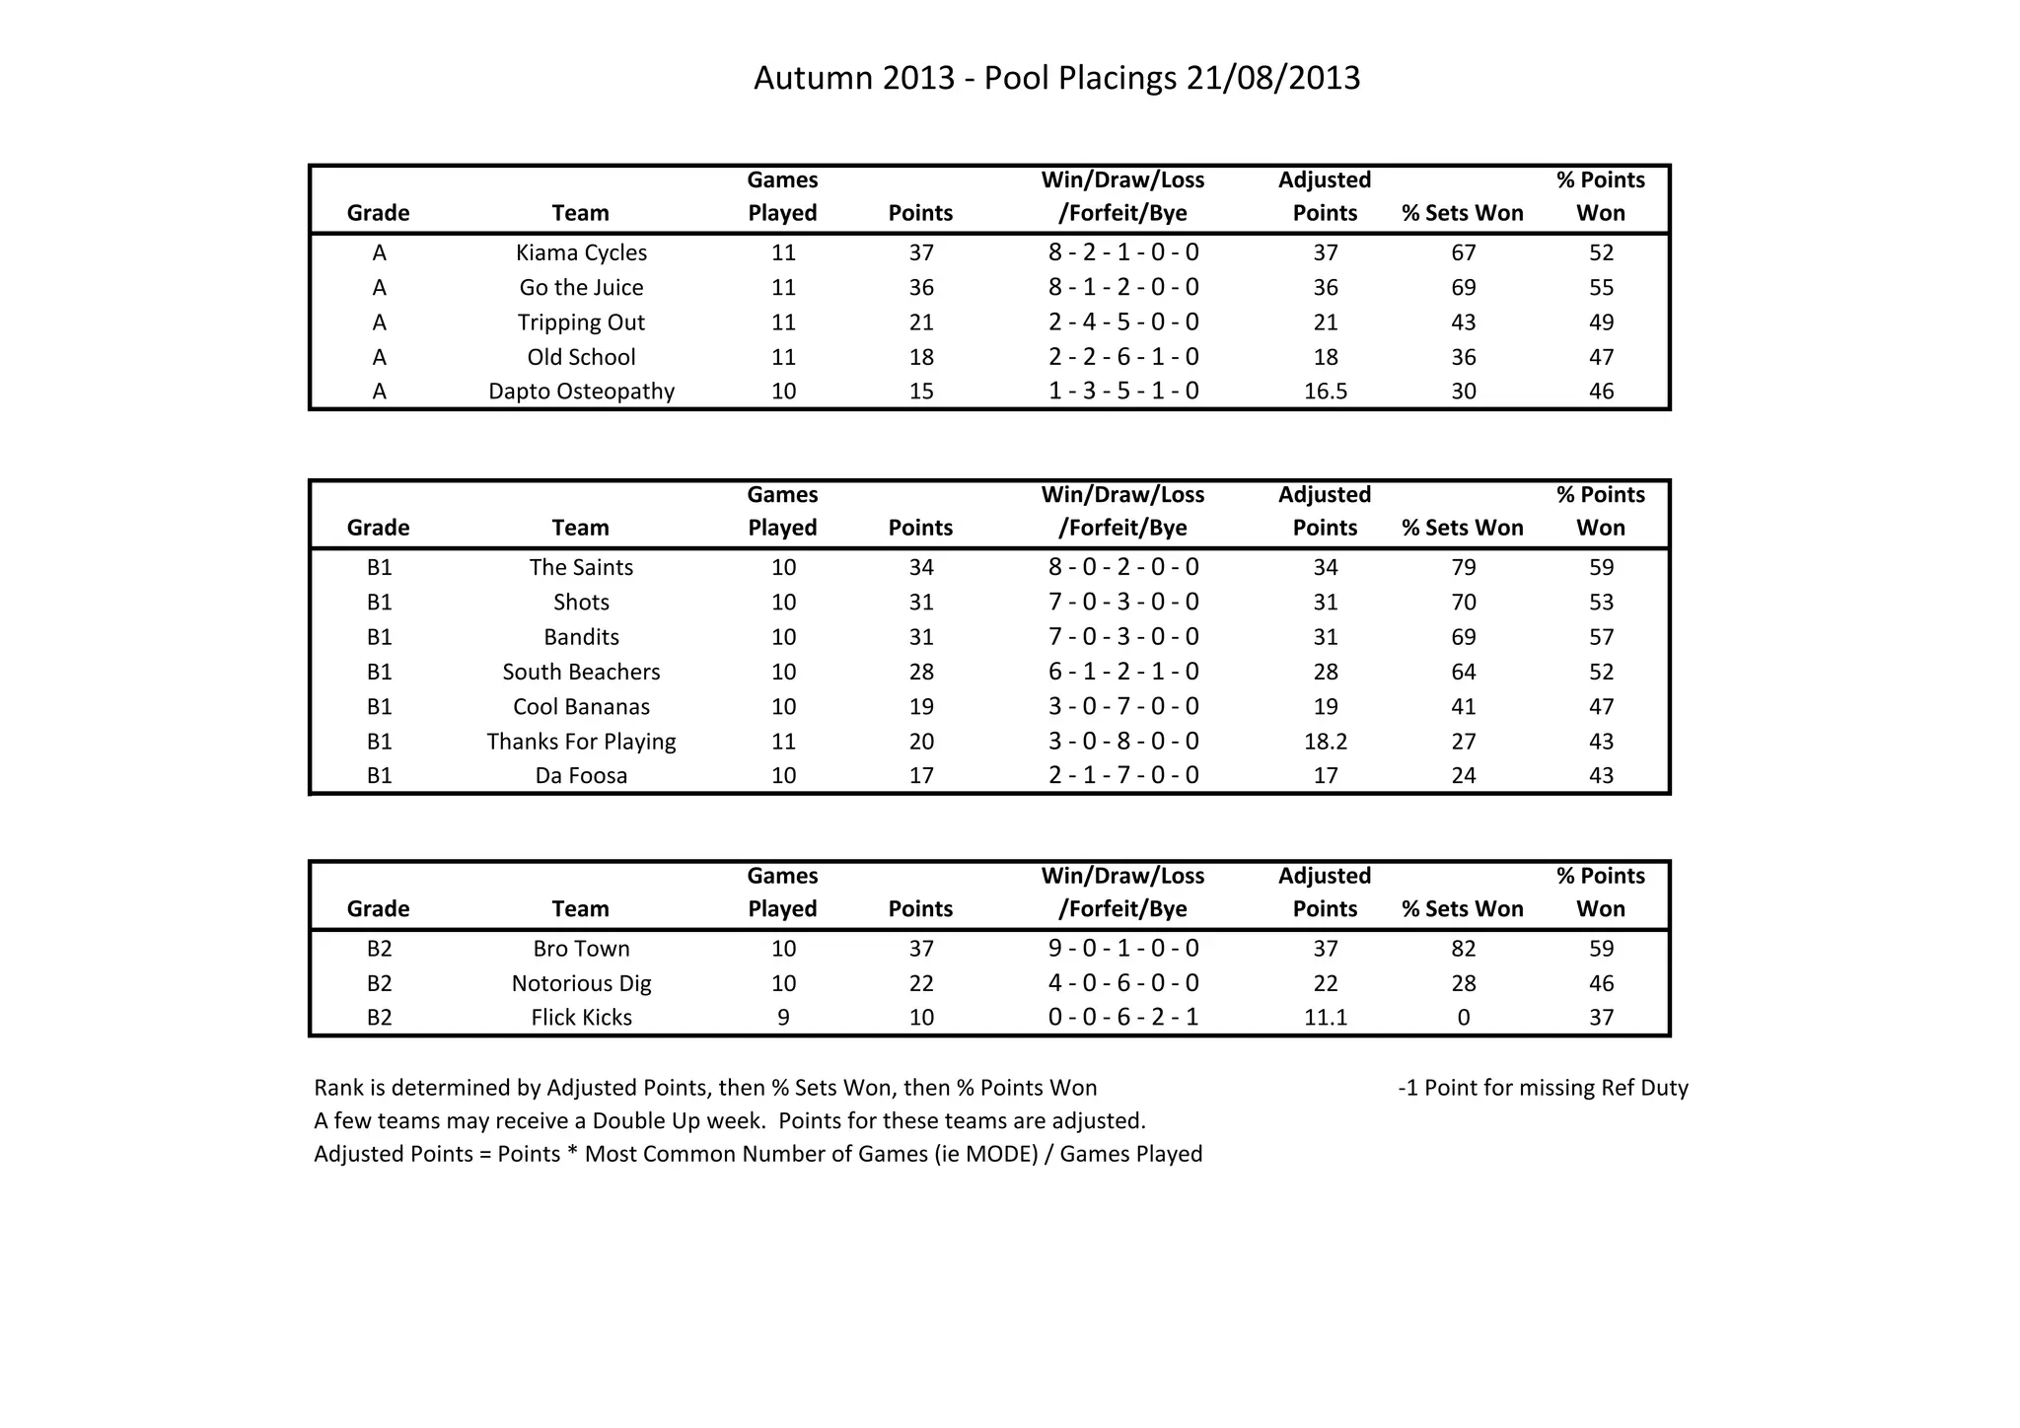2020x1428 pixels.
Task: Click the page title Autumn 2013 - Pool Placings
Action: (1056, 78)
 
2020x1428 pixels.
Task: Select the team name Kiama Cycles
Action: (581, 252)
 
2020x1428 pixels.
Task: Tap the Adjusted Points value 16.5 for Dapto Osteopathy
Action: (1325, 392)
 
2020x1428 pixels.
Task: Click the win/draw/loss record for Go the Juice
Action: (1123, 287)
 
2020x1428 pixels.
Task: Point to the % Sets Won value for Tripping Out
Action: (1463, 322)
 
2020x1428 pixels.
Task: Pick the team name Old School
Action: (581, 357)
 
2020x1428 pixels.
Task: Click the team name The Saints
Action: (581, 567)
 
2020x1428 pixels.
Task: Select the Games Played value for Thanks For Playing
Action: (783, 742)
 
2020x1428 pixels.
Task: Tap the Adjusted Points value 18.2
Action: (1325, 742)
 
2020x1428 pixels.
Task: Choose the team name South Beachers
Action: (581, 672)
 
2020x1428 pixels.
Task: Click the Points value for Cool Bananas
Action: (920, 706)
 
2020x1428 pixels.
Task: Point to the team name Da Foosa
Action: (581, 776)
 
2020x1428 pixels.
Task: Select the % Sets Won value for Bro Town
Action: (1463, 949)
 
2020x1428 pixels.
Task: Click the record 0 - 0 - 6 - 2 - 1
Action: (1123, 1018)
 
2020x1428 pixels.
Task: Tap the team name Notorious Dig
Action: (581, 983)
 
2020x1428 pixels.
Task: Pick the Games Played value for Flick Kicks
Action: (783, 1018)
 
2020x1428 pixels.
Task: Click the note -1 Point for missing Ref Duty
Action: (1543, 1088)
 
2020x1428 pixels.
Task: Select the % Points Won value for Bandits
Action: (1601, 637)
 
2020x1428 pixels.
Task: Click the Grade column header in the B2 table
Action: (378, 908)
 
